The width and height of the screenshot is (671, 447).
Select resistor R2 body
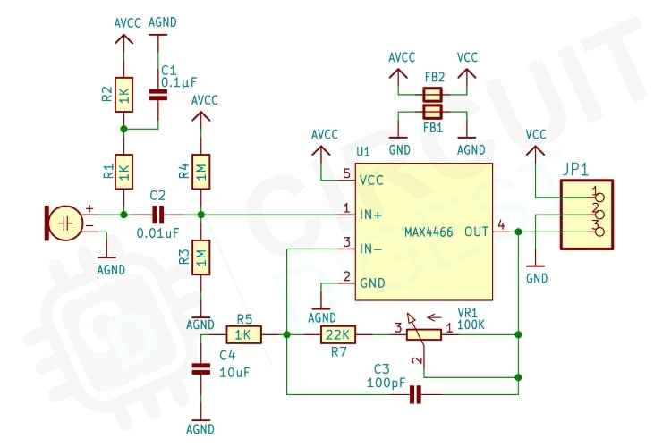pyautogui.click(x=124, y=97)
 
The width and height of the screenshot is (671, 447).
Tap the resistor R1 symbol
pyautogui.click(x=124, y=169)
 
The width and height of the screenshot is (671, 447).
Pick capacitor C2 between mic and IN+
pyautogui.click(x=158, y=215)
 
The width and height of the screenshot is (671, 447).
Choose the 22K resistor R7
pyautogui.click(x=338, y=334)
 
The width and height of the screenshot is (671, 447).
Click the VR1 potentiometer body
pyautogui.click(x=424, y=334)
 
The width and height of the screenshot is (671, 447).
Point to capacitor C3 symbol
pyautogui.click(x=414, y=393)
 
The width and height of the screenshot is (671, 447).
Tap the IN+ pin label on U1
pyautogui.click(x=371, y=215)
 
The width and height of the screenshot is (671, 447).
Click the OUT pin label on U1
pyautogui.click(x=477, y=232)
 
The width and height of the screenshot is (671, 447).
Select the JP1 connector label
pyautogui.click(x=576, y=169)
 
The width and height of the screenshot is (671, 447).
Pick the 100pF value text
pyautogui.click(x=385, y=384)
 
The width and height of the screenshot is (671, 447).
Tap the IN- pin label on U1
pyautogui.click(x=371, y=248)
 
